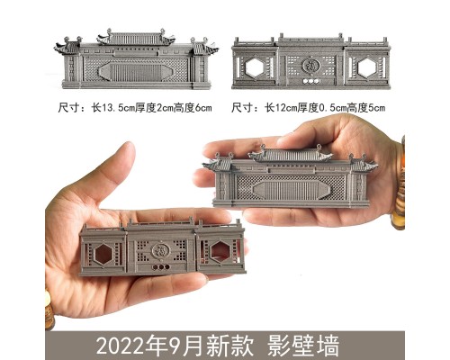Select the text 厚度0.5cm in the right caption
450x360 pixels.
coord(321,108)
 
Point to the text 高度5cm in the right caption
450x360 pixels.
coord(366,108)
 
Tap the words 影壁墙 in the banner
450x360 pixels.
coord(303,346)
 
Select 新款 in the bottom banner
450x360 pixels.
coord(233,346)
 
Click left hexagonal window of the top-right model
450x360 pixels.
coord(255,67)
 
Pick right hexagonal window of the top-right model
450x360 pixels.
coord(366,67)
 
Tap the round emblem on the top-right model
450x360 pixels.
coord(310,66)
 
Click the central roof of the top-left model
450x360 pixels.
coord(136,38)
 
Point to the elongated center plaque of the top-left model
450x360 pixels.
coord(136,72)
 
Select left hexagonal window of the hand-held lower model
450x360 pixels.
coord(103,254)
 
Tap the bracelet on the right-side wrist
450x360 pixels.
coord(399,183)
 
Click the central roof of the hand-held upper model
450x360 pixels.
coord(291,155)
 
